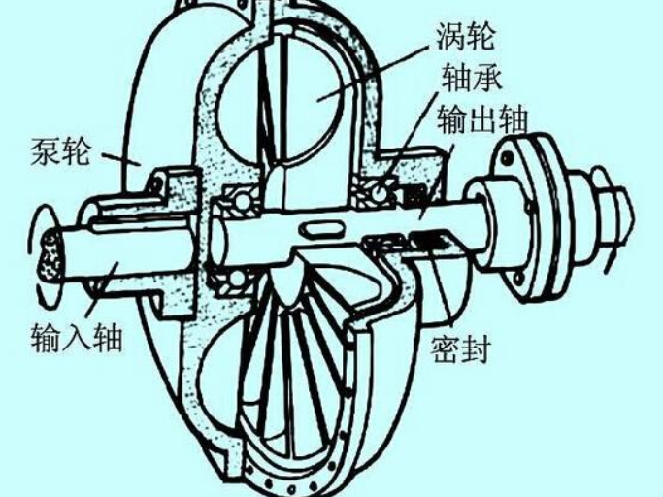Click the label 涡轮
(x=466, y=36)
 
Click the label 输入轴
(x=77, y=338)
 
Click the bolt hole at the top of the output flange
(x=506, y=158)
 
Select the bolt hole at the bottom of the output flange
(x=519, y=278)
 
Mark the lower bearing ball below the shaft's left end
(x=238, y=278)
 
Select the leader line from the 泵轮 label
(x=120, y=159)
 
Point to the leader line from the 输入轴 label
(x=103, y=289)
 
